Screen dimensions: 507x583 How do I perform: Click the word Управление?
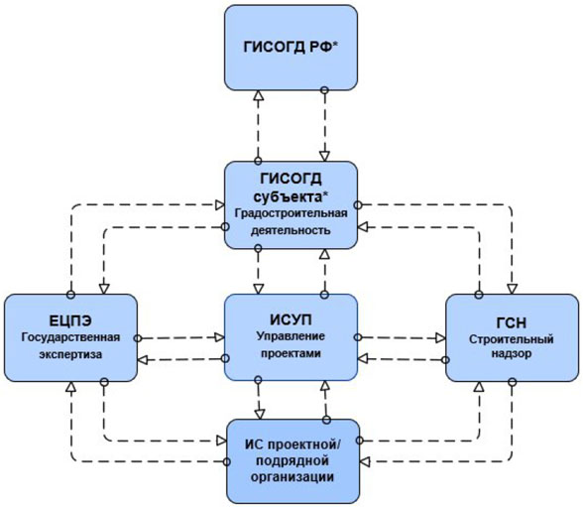click(291, 337)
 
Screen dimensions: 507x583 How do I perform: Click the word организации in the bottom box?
click(291, 476)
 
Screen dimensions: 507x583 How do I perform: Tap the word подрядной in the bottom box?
click(291, 459)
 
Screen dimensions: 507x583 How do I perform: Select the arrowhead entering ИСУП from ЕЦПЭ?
click(218, 336)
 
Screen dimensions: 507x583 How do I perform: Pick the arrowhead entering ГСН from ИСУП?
click(439, 336)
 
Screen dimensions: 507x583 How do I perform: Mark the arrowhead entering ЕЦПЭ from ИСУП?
click(142, 358)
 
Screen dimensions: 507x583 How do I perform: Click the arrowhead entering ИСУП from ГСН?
click(364, 358)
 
